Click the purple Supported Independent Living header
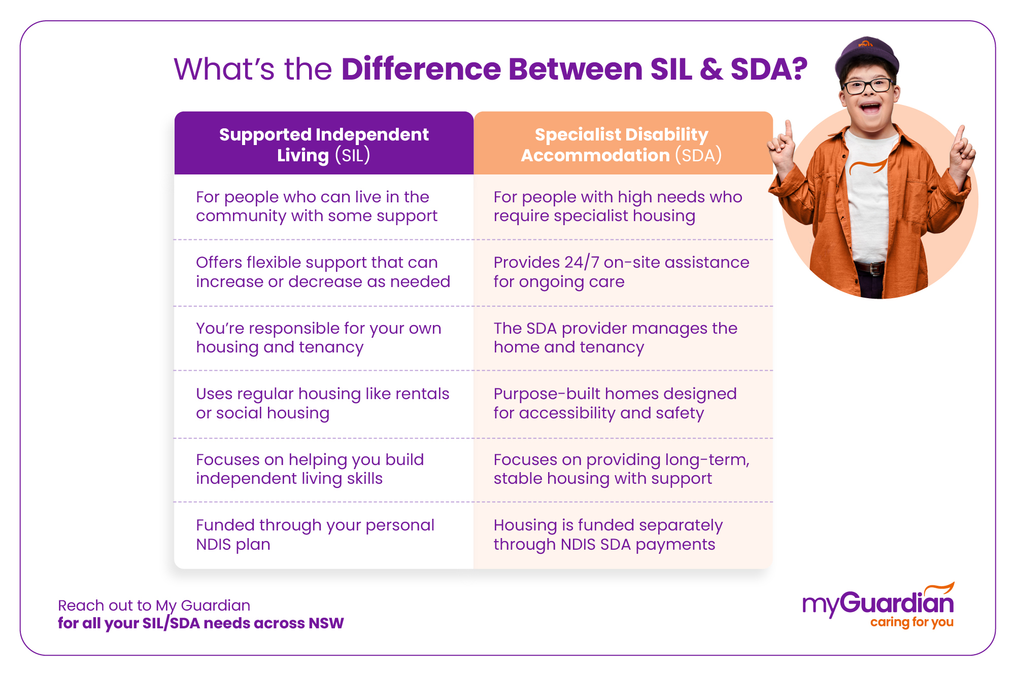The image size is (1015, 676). [x=324, y=144]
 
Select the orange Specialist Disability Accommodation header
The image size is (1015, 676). [x=623, y=144]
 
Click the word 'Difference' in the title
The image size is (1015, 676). [x=421, y=69]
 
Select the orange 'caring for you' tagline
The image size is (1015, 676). [x=912, y=622]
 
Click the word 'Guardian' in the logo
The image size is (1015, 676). [x=897, y=602]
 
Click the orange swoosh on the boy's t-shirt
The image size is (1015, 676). [x=868, y=167]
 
